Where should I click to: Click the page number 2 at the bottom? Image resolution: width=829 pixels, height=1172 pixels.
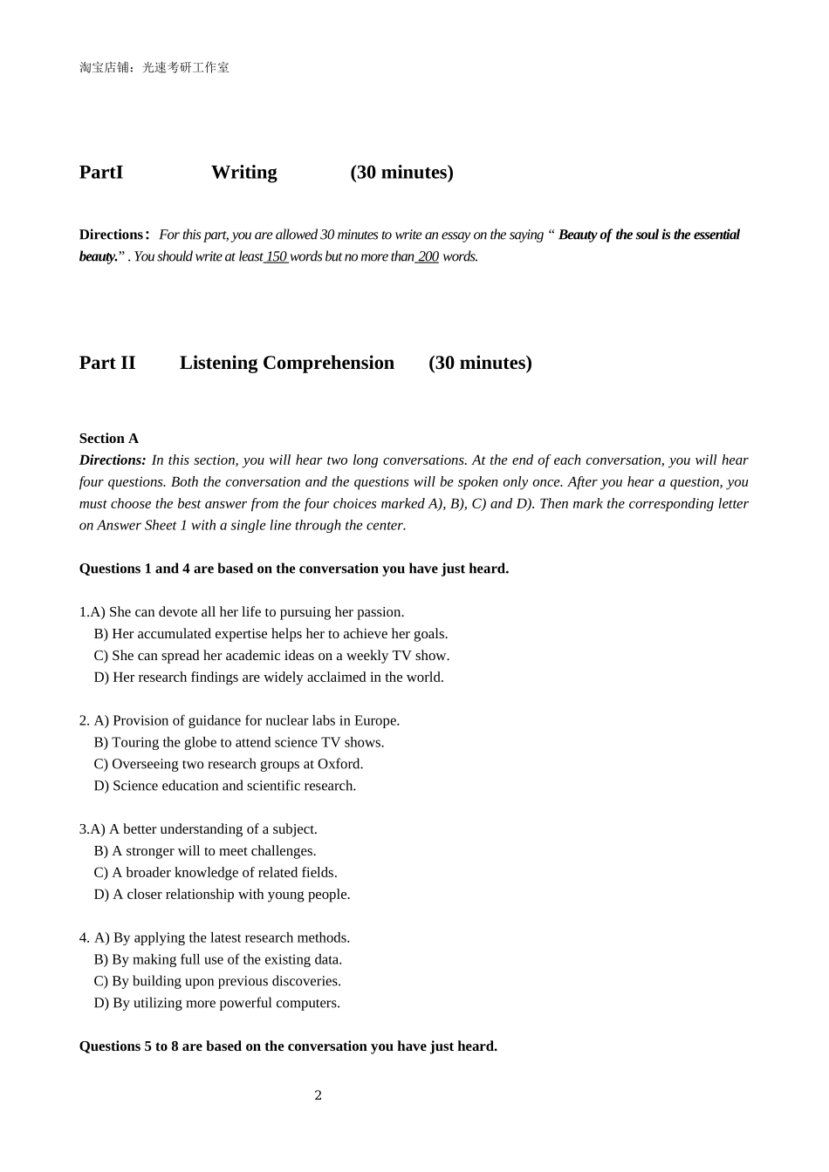point(318,1095)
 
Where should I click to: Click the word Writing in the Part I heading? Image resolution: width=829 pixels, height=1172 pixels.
point(243,173)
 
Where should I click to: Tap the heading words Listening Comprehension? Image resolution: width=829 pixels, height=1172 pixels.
point(286,363)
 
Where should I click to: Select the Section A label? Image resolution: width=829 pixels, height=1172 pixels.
point(109,439)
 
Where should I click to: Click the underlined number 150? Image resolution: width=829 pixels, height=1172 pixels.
point(277,256)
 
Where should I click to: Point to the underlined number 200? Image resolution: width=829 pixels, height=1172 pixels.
point(428,256)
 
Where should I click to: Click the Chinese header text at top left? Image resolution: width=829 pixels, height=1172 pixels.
point(154,67)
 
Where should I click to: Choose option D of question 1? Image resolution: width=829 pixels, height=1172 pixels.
point(269,678)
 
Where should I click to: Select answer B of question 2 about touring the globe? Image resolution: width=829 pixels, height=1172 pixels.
point(239,743)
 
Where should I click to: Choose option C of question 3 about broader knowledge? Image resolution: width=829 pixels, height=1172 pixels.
point(216,873)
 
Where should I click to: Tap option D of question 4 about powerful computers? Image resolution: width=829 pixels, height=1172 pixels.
point(217,1004)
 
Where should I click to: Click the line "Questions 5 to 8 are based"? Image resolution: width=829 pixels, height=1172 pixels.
point(288,1046)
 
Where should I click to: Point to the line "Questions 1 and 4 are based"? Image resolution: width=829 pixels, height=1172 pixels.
point(293,569)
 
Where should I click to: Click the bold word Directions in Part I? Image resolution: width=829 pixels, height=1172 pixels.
point(112,235)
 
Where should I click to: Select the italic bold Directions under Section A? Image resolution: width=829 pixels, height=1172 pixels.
point(113,460)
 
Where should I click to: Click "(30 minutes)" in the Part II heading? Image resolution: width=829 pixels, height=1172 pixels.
point(480,363)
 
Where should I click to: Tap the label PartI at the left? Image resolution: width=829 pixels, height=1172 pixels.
point(101,173)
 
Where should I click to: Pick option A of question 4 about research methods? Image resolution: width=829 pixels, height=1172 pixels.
point(223,938)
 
